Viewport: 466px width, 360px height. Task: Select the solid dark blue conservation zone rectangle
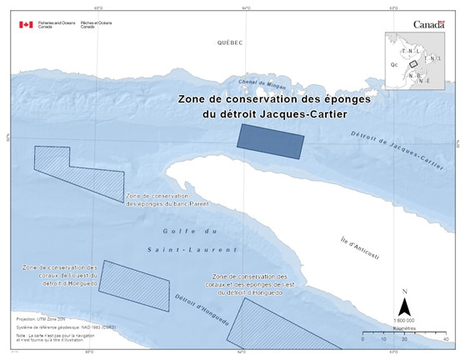pyautogui.click(x=270, y=140)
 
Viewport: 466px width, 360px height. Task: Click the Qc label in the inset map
pyautogui.click(x=393, y=62)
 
